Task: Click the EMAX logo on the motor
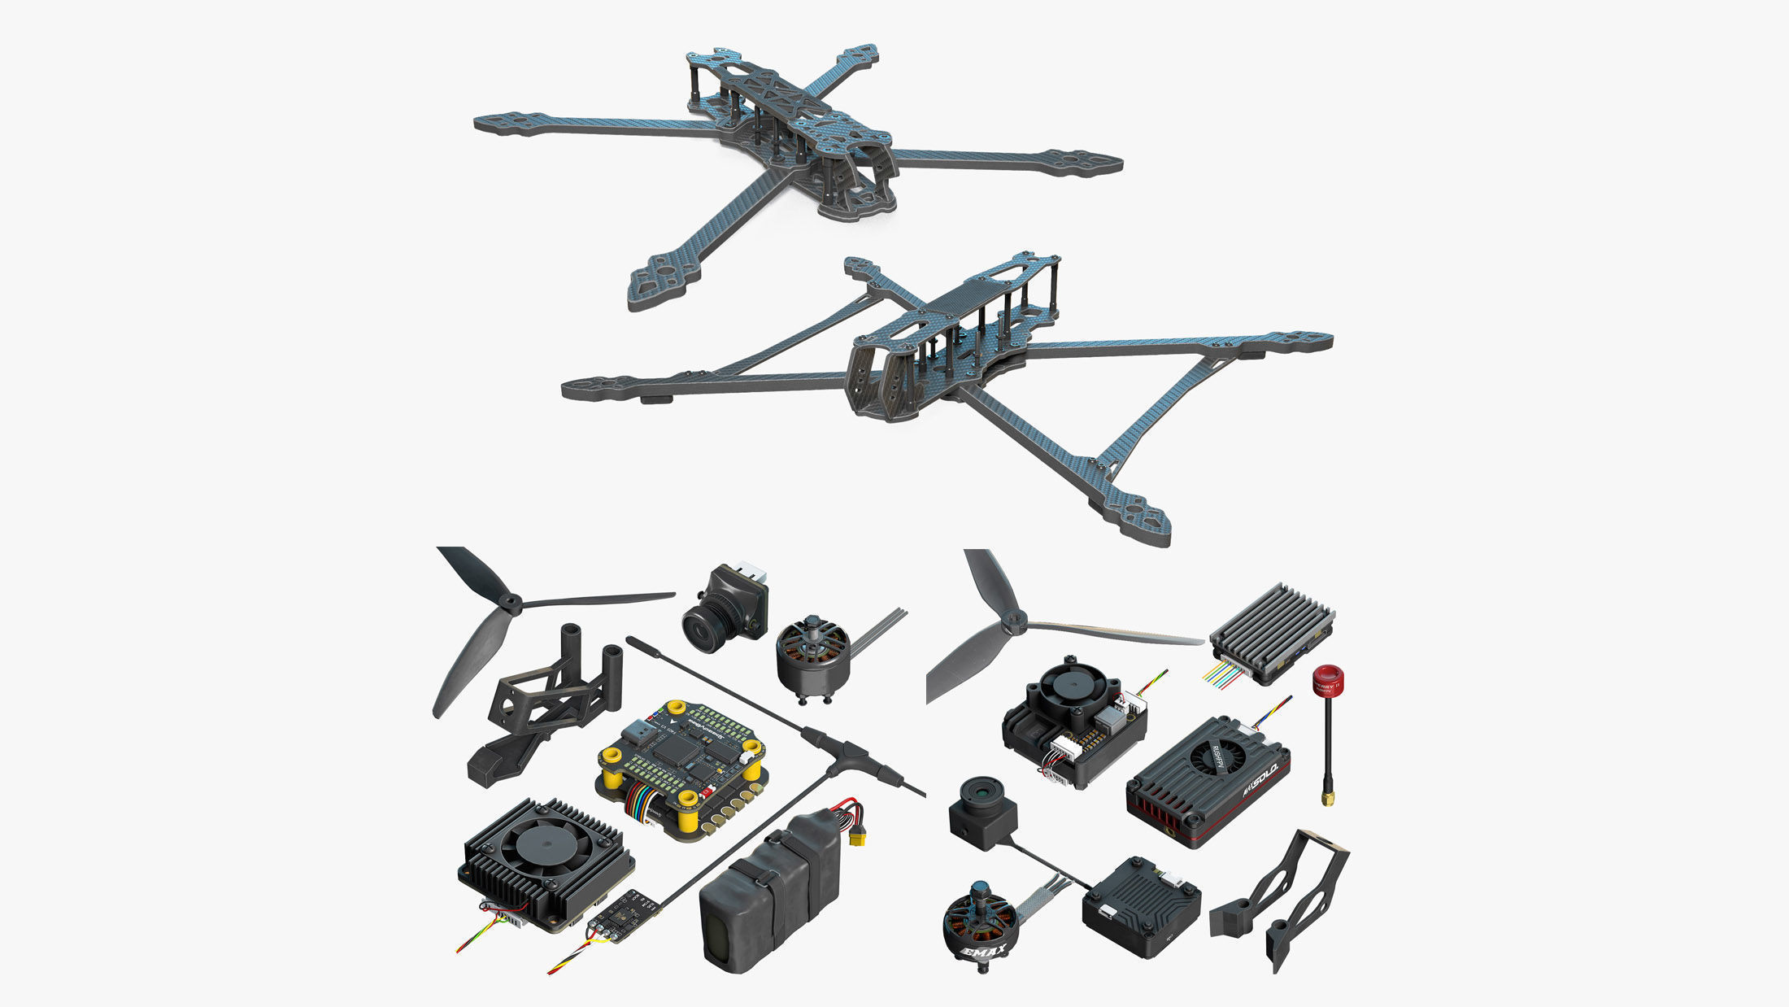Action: coord(985,951)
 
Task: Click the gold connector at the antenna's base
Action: coord(1327,798)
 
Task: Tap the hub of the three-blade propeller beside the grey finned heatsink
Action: coord(1012,624)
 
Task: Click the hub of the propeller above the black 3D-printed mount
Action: coord(510,603)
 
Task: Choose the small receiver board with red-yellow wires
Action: coord(625,913)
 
